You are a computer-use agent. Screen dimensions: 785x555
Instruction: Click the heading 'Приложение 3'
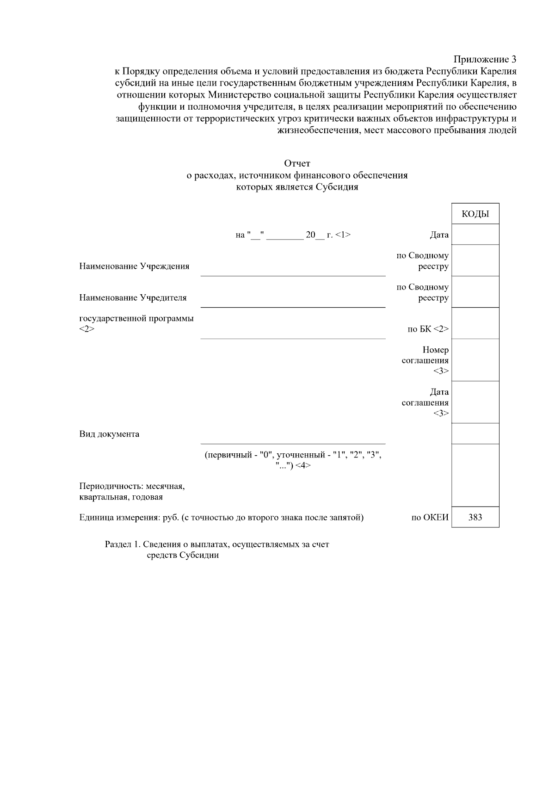[x=484, y=59]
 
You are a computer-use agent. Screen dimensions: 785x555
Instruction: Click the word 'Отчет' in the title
[x=297, y=163]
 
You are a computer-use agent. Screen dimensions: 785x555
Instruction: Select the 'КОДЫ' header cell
[x=475, y=214]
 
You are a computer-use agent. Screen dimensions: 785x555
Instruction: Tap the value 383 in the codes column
[x=475, y=517]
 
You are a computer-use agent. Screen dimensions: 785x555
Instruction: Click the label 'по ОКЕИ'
[x=430, y=517]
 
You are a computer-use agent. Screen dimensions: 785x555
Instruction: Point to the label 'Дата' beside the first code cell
[x=439, y=235]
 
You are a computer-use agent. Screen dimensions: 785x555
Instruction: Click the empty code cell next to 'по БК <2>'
[x=475, y=323]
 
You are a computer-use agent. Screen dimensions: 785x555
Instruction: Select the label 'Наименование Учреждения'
[x=134, y=266]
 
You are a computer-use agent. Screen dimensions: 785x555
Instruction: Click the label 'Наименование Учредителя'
[x=133, y=298]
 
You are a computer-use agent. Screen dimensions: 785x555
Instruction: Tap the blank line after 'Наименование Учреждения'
[x=293, y=271]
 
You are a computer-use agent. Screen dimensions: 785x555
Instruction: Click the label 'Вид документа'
[x=109, y=434]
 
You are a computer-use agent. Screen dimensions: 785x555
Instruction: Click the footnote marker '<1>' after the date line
[x=343, y=235]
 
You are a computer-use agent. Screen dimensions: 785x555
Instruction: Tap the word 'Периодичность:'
[x=110, y=487]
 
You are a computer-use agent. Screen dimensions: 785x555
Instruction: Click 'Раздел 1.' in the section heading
[x=122, y=544]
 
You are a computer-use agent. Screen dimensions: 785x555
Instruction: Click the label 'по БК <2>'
[x=428, y=329]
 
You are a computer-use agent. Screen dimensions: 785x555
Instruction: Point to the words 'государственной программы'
[x=136, y=319]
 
